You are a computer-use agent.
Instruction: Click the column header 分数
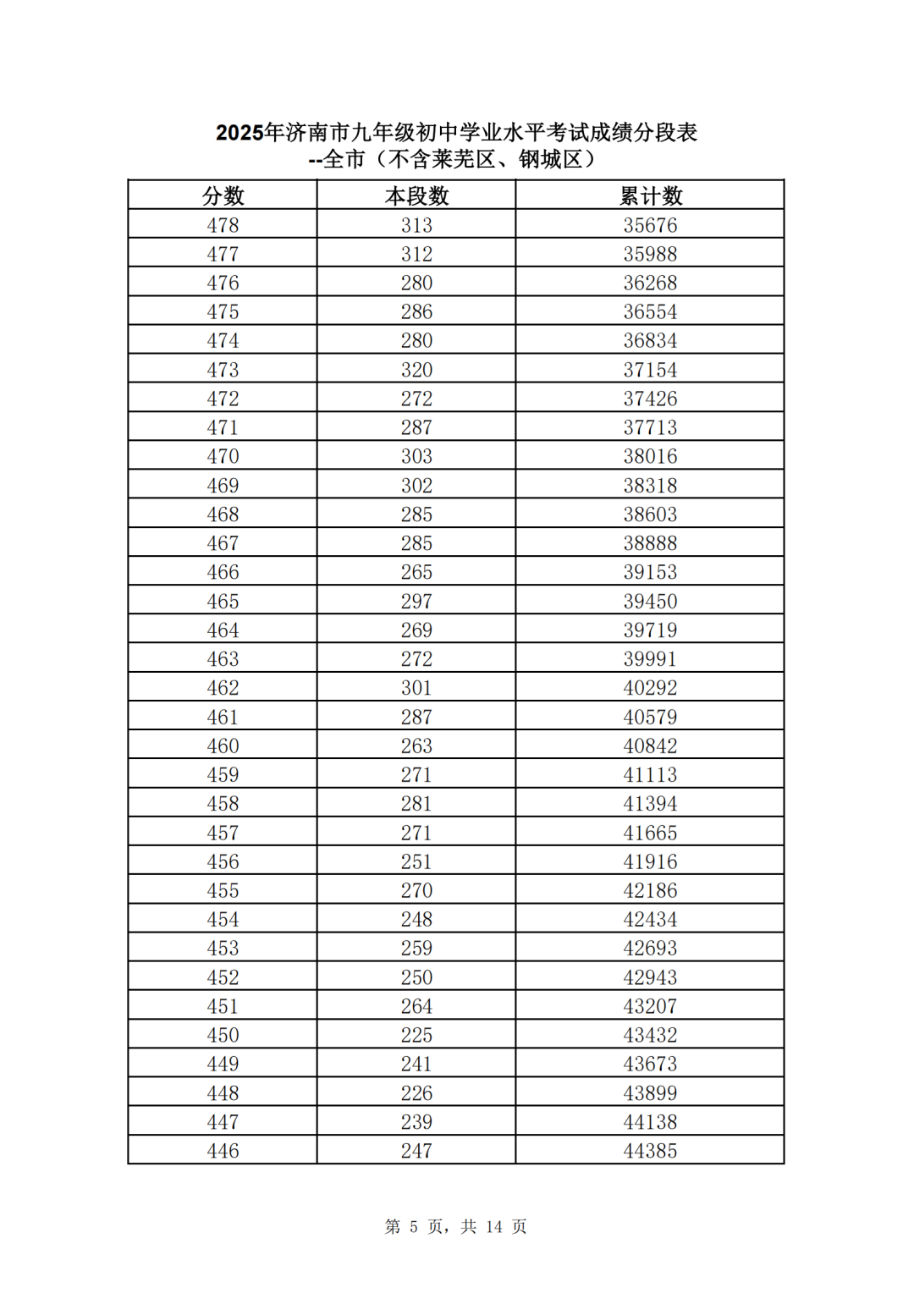(223, 196)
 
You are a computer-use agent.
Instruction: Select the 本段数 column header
(416, 196)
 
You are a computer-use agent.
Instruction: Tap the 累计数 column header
(650, 196)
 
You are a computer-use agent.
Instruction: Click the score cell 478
(223, 225)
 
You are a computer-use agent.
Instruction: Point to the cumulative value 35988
(650, 254)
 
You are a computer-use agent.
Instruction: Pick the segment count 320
(416, 370)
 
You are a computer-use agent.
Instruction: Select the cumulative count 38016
(650, 456)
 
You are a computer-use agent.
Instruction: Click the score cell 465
(223, 601)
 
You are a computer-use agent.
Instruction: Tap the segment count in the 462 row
(416, 688)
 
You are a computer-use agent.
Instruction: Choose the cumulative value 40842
(650, 746)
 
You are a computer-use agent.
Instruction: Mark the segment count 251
(416, 861)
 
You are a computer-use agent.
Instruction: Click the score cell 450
(223, 1035)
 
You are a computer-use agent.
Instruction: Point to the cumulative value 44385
(650, 1151)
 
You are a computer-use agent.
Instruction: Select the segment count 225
(416, 1035)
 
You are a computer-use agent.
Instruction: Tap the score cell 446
(223, 1151)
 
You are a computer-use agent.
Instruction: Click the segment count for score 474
(416, 340)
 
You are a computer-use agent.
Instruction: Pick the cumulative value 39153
(650, 572)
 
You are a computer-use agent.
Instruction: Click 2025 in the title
(240, 133)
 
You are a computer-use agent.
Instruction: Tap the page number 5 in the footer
(414, 1227)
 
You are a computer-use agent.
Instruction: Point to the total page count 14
(494, 1227)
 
